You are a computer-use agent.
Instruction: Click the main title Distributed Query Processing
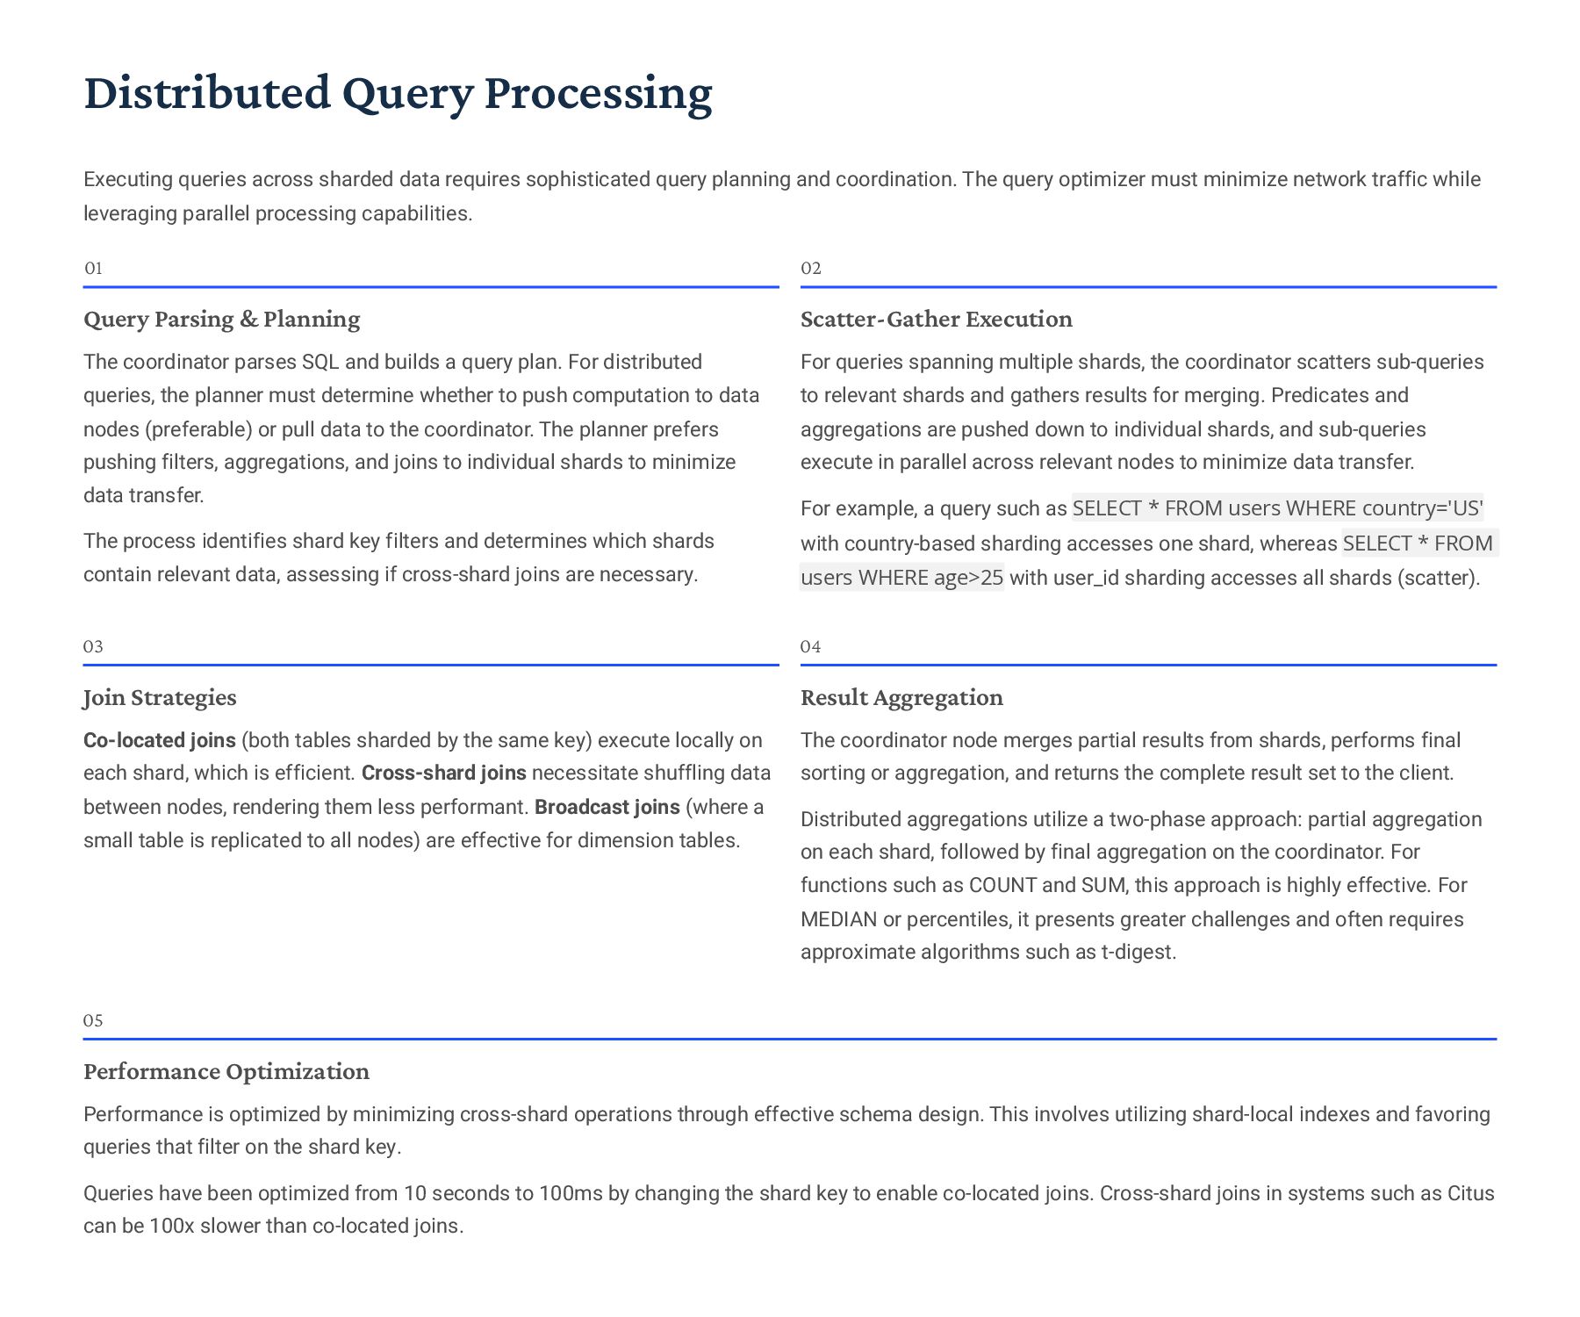tap(398, 93)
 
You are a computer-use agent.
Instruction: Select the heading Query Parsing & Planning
tap(221, 319)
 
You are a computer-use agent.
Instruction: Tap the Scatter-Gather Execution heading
tap(936, 319)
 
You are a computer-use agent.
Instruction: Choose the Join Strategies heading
tap(160, 697)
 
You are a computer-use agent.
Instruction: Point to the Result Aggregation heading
tap(901, 697)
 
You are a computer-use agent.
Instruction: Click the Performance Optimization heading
tap(226, 1071)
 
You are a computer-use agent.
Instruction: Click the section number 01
tap(93, 269)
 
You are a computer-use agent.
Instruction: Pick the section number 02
tap(810, 269)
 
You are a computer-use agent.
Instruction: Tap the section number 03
tap(93, 647)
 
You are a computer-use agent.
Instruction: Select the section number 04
tap(810, 647)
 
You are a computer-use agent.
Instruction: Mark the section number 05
tap(93, 1021)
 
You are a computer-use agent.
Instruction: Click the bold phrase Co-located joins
tap(160, 740)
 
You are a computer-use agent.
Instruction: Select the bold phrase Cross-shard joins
tap(443, 774)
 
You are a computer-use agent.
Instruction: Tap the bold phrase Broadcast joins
tap(607, 807)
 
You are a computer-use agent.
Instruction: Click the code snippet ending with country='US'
tap(1277, 508)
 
